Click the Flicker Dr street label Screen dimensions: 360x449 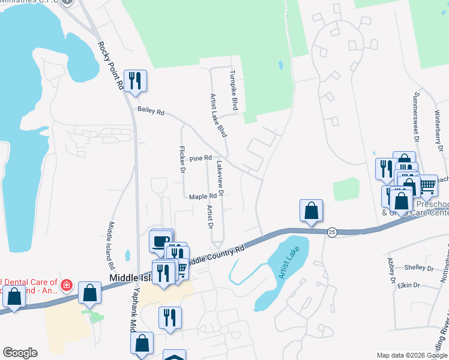(182, 160)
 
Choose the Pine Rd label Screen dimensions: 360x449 (200, 158)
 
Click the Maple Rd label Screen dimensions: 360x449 (202, 196)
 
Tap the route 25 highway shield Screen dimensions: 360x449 (332, 232)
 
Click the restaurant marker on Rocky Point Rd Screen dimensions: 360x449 (134, 80)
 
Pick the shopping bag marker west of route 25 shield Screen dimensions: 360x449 (311, 211)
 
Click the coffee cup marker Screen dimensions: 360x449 (160, 241)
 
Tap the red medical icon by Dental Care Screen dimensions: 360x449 (67, 284)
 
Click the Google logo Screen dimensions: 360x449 (20, 353)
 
